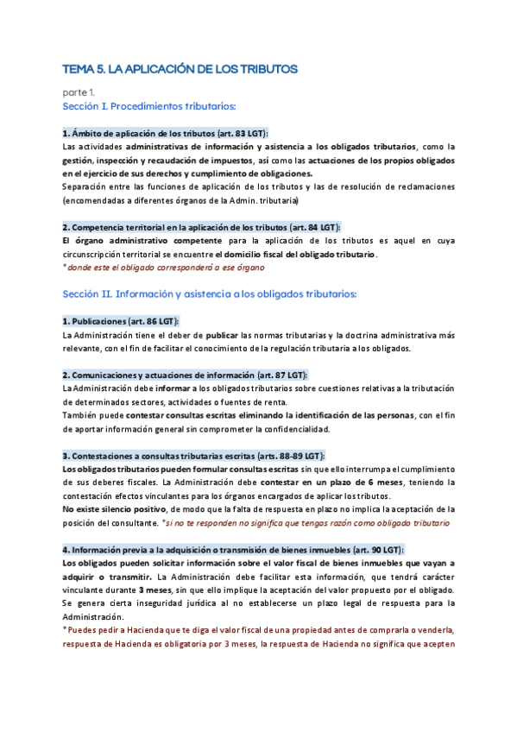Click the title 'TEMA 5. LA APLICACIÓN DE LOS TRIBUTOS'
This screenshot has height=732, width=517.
point(180,68)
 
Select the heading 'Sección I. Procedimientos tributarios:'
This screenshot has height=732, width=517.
point(149,106)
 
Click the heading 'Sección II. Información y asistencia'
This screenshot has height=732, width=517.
point(223,294)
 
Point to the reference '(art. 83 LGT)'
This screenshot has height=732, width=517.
point(239,134)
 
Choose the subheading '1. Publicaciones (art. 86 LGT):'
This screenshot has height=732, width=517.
point(120,321)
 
